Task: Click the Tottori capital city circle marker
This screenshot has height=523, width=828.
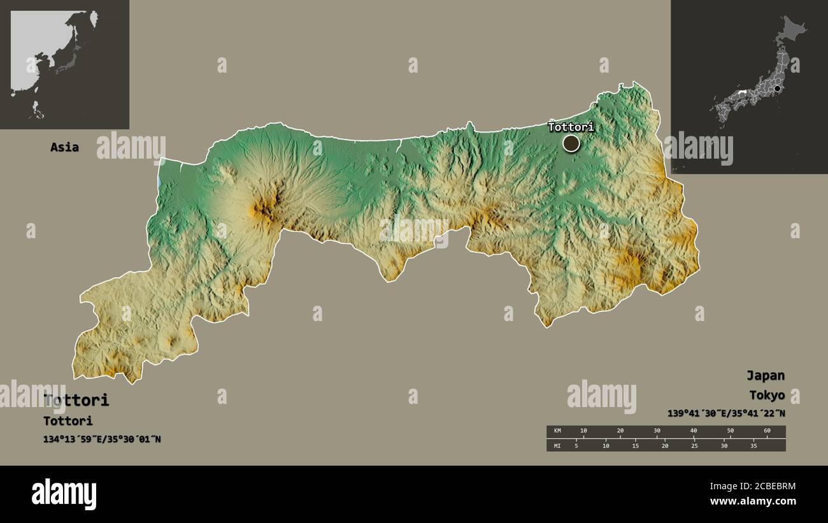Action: point(571,143)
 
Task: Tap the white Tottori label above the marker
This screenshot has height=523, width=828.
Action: point(571,127)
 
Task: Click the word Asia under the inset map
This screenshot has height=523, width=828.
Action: point(64,147)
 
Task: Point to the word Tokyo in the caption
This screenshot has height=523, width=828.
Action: point(766,395)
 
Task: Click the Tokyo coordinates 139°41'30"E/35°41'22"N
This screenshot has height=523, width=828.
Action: point(726,413)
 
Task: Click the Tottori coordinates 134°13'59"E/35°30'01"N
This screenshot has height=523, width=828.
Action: point(102,439)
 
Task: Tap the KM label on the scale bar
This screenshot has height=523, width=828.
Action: point(557,431)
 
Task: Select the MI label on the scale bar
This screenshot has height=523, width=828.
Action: point(557,445)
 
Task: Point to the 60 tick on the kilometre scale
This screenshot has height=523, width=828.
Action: point(767,431)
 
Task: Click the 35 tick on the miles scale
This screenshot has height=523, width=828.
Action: point(753,445)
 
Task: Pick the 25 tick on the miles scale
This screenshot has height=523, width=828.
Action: point(694,445)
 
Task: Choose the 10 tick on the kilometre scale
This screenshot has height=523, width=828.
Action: point(583,431)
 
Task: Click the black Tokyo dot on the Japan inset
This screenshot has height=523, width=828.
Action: point(777,89)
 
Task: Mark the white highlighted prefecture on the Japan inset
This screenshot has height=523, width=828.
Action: point(742,93)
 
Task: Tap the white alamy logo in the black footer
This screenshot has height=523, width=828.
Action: point(64,494)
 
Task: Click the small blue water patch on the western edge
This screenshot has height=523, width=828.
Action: point(159,179)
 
